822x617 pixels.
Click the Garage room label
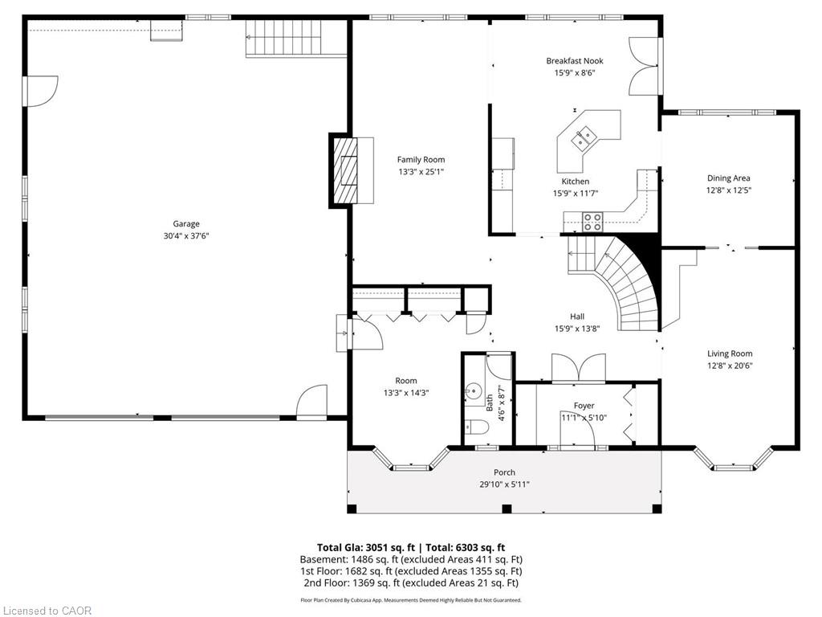tap(186, 224)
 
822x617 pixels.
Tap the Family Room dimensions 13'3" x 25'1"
tap(421, 172)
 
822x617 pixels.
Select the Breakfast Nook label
tap(575, 61)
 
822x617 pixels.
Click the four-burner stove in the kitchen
tap(593, 222)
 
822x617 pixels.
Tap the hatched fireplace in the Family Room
tap(344, 170)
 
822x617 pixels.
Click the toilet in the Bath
tap(477, 427)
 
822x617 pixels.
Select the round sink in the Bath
tap(474, 391)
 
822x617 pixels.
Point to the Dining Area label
tap(728, 178)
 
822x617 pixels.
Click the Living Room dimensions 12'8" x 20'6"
tap(729, 366)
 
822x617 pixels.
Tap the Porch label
tap(504, 472)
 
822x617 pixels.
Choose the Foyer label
tap(584, 406)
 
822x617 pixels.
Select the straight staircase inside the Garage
tap(295, 38)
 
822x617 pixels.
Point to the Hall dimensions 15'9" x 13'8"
tap(577, 329)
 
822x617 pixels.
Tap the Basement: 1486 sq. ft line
tap(411, 559)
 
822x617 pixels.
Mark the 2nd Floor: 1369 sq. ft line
tap(411, 583)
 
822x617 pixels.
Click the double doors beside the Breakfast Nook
tap(644, 66)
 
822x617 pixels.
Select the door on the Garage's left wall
tap(41, 92)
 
